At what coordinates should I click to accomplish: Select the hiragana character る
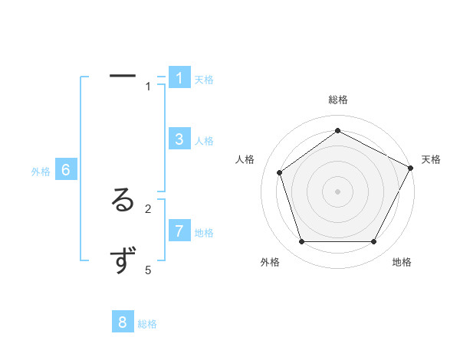(x=123, y=201)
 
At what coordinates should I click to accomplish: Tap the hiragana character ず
(x=123, y=262)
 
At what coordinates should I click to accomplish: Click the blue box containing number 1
(x=179, y=78)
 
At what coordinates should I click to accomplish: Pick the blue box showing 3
(x=179, y=139)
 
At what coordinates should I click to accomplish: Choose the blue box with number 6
(x=66, y=170)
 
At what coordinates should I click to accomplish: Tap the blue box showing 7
(x=179, y=231)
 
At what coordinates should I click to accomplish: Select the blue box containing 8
(x=123, y=322)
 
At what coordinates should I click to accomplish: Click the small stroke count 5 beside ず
(x=148, y=270)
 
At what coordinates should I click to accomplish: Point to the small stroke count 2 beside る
(x=148, y=208)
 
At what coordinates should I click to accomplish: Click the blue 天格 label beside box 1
(x=204, y=80)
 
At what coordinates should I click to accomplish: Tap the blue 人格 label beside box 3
(x=204, y=141)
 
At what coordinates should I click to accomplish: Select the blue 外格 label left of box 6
(x=41, y=172)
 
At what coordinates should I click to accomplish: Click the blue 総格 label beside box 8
(x=147, y=324)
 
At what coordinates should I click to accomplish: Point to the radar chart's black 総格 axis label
(x=337, y=100)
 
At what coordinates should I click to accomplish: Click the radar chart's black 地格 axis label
(x=402, y=262)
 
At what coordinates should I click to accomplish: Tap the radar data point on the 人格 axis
(x=279, y=172)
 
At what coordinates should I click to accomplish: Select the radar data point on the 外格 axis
(x=301, y=241)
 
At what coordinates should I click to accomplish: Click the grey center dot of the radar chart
(x=337, y=191)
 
